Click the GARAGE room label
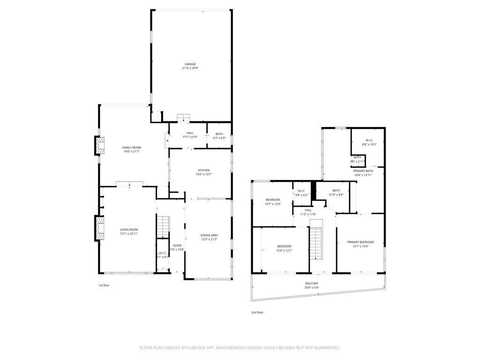click(190, 64)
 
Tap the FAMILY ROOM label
click(132, 148)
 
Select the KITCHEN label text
click(203, 170)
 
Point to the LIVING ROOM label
click(129, 230)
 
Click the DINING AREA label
click(209, 235)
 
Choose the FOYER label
click(177, 246)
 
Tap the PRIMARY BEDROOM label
click(360, 242)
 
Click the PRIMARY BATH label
click(363, 171)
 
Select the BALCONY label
click(312, 284)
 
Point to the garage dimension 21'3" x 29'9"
click(190, 68)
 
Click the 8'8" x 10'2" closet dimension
click(368, 144)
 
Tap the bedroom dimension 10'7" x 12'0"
click(272, 204)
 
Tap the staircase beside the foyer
click(162, 227)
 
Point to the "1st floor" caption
click(104, 285)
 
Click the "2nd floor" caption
click(257, 312)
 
